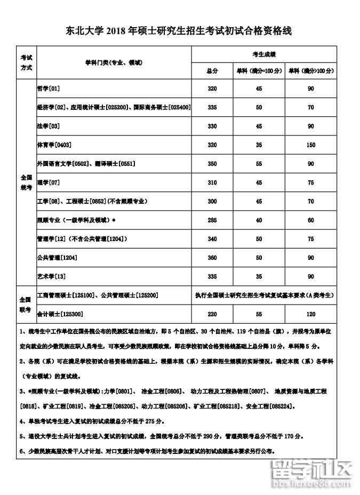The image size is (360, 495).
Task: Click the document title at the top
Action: click(x=179, y=31)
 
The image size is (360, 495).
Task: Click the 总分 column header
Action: click(x=212, y=70)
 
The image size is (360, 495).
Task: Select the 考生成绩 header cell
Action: click(x=263, y=54)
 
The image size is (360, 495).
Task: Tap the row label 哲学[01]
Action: click(x=48, y=88)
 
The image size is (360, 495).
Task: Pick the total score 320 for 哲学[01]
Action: click(x=212, y=88)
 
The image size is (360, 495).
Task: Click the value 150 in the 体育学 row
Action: click(x=311, y=145)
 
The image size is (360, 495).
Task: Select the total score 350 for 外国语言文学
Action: click(x=212, y=164)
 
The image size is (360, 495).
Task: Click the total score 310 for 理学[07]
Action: click(x=212, y=182)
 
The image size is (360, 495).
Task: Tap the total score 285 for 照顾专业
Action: click(x=212, y=220)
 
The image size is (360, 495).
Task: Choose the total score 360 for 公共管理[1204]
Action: click(x=212, y=258)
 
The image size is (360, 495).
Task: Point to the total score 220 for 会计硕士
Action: click(x=212, y=314)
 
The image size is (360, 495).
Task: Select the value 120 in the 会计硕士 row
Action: click(x=311, y=314)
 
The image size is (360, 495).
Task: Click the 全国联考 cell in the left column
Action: click(x=26, y=304)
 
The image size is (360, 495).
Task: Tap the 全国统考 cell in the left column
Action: click(x=26, y=182)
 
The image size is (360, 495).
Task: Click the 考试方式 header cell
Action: click(x=26, y=62)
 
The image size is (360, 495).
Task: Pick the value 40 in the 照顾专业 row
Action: click(x=259, y=220)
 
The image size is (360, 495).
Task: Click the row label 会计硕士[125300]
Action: click(x=60, y=314)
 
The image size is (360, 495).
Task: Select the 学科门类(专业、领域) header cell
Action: click(x=113, y=62)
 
